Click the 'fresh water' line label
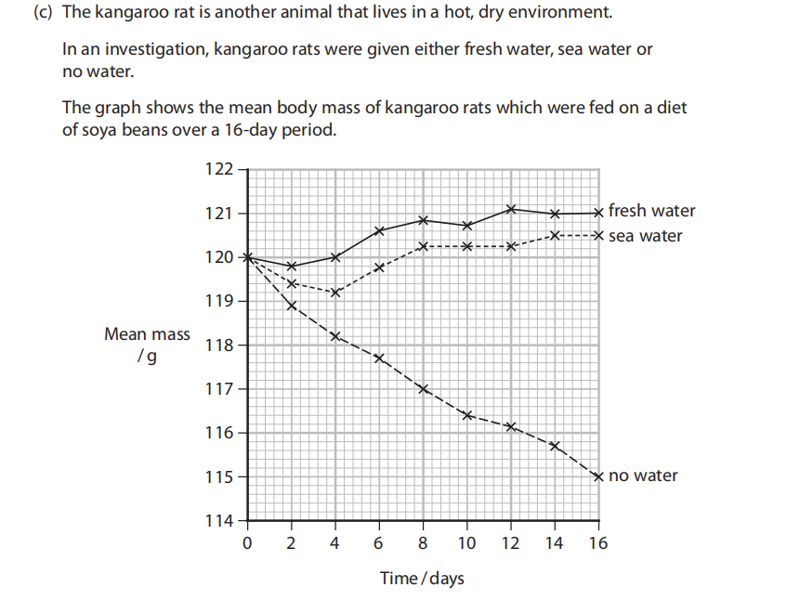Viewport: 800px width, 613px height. pos(651,211)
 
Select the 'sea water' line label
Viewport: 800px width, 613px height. pos(645,236)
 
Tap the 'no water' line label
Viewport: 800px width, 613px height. pos(643,476)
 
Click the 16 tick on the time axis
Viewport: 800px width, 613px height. pos(598,543)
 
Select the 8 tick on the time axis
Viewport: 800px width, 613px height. pos(423,543)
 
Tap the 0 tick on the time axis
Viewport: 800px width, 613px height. pos(247,543)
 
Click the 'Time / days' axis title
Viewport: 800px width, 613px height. pos(422,579)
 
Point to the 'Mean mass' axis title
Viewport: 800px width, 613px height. pos(147,334)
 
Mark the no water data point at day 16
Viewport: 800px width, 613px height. pos(598,476)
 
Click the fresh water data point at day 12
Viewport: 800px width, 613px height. pos(511,209)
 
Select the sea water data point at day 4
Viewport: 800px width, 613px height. pos(335,292)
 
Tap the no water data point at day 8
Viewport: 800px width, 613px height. pos(423,388)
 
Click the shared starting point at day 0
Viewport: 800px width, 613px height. pos(247,257)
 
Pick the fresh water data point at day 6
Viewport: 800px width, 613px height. pos(379,230)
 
